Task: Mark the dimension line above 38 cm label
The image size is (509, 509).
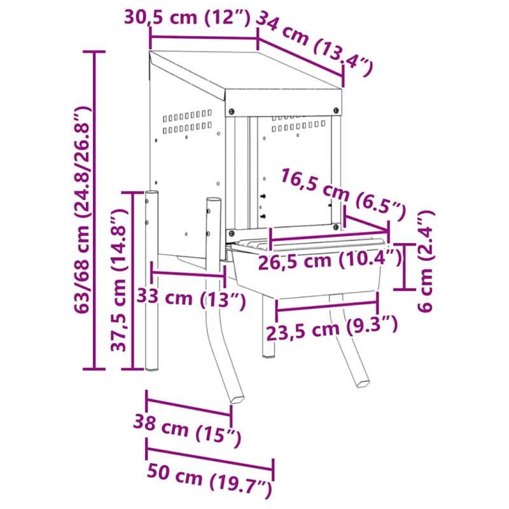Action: pos(189,407)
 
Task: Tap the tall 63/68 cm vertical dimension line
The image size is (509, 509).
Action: pos(95,210)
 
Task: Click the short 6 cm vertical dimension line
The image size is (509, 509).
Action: pos(405,266)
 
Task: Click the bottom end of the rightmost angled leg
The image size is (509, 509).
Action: pos(362,382)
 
